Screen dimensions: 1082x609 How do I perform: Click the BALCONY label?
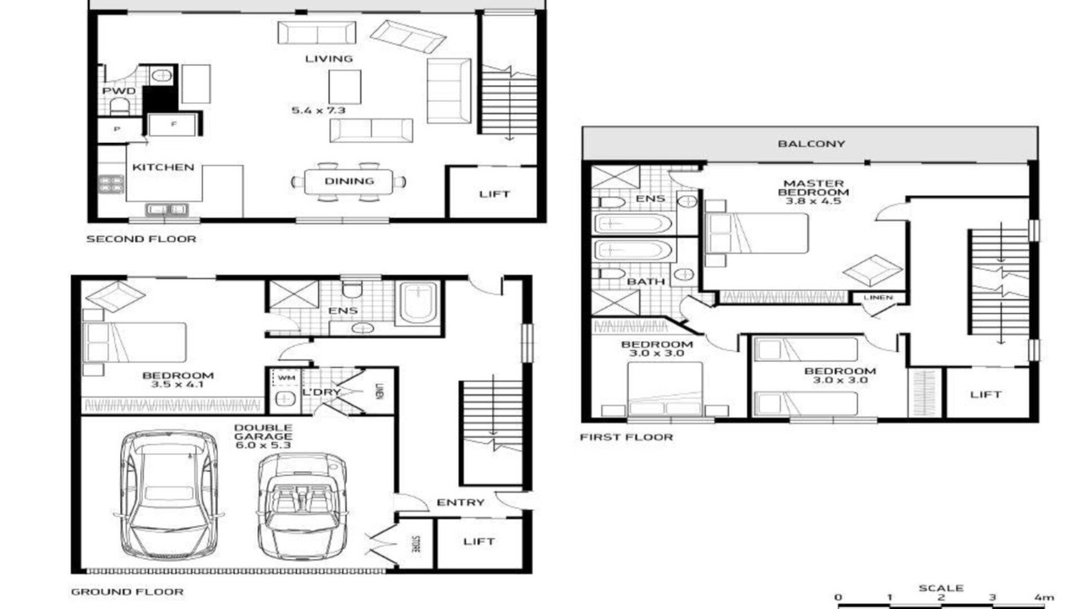click(x=811, y=144)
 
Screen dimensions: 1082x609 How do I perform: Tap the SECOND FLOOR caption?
click(x=141, y=239)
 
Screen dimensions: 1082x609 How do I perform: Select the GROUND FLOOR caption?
click(x=127, y=591)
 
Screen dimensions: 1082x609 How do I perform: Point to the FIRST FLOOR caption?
click(x=626, y=437)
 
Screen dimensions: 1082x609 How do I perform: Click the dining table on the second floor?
click(x=348, y=181)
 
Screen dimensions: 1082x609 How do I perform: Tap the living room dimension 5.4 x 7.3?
click(x=319, y=110)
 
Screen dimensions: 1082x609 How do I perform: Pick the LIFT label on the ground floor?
click(x=478, y=541)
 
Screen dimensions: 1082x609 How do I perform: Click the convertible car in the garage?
click(x=302, y=506)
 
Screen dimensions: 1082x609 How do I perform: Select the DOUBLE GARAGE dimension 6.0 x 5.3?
click(x=263, y=445)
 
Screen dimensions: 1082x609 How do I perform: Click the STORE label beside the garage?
click(x=416, y=544)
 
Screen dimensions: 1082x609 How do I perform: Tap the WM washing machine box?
click(x=286, y=377)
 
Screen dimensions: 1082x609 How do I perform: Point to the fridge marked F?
click(x=173, y=124)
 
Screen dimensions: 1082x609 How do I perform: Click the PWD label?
click(x=119, y=91)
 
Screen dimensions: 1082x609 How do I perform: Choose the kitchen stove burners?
click(x=111, y=184)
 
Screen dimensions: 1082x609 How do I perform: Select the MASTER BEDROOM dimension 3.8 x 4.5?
click(x=813, y=200)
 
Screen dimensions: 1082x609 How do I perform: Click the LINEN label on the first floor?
click(x=877, y=297)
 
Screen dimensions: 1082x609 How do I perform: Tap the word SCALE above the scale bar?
click(x=941, y=588)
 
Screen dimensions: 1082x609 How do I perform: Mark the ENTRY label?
click(x=461, y=502)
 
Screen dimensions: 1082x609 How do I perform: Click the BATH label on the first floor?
click(x=646, y=282)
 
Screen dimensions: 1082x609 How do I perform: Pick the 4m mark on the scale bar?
click(x=1044, y=597)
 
